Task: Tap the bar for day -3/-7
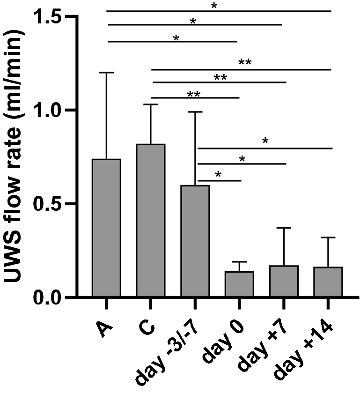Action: [x=195, y=241]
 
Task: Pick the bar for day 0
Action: [x=239, y=284]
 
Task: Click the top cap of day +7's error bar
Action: [x=284, y=228]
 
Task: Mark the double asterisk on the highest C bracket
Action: [x=245, y=63]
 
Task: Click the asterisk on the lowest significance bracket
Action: [x=219, y=175]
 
